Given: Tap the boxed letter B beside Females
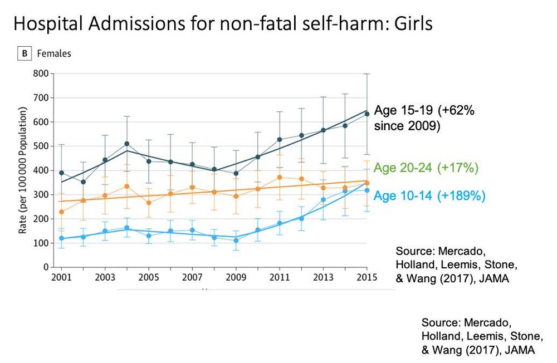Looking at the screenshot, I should (25, 54).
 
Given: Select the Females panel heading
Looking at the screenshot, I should (54, 54).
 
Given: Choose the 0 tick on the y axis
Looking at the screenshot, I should (44, 267).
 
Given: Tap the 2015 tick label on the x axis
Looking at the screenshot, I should (367, 277).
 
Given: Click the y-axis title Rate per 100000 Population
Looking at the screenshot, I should (23, 171).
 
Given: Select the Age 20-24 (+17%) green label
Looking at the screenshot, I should (426, 167).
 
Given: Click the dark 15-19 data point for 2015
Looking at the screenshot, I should (367, 114).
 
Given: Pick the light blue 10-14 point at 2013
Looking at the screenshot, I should (323, 199).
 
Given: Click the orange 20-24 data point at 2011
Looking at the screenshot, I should (280, 178).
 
